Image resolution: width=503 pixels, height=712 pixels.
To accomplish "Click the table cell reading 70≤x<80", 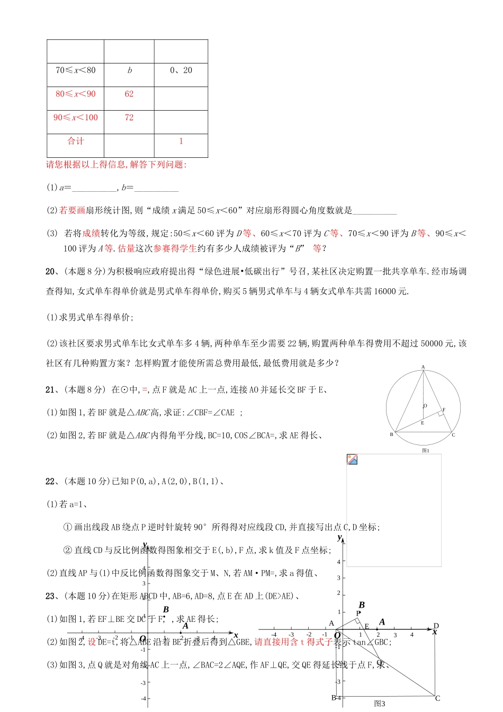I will [x=76, y=70].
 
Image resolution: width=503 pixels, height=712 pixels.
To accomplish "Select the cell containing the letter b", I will [x=129, y=70].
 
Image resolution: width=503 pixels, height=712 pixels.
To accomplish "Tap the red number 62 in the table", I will [x=129, y=94].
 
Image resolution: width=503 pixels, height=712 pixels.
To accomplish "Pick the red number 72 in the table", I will [x=129, y=118].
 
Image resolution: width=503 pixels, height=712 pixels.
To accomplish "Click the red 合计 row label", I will [x=76, y=141].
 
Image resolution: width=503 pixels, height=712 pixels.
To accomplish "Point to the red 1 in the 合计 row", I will [x=181, y=141].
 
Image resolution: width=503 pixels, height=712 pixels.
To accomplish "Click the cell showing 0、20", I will [x=181, y=70].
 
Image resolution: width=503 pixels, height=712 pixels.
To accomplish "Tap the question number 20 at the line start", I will [x=50, y=272].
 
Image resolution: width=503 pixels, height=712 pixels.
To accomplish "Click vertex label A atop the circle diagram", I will [x=423, y=367].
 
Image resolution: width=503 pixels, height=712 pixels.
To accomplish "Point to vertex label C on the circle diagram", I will [x=454, y=435].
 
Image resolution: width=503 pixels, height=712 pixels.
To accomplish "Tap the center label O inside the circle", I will [x=425, y=406].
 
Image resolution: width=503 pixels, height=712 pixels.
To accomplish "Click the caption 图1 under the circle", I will [x=425, y=450].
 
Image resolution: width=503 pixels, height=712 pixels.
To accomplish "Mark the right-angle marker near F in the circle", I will [x=441, y=413].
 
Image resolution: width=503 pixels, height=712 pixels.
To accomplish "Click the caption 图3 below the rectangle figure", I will [x=380, y=704].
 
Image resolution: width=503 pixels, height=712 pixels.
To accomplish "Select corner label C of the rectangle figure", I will [x=437, y=698].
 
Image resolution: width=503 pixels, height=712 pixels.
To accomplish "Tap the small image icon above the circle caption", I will [x=352, y=459].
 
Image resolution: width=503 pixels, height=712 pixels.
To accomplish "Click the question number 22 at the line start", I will [x=50, y=482].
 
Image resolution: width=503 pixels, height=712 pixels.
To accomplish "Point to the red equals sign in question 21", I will [x=145, y=390].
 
